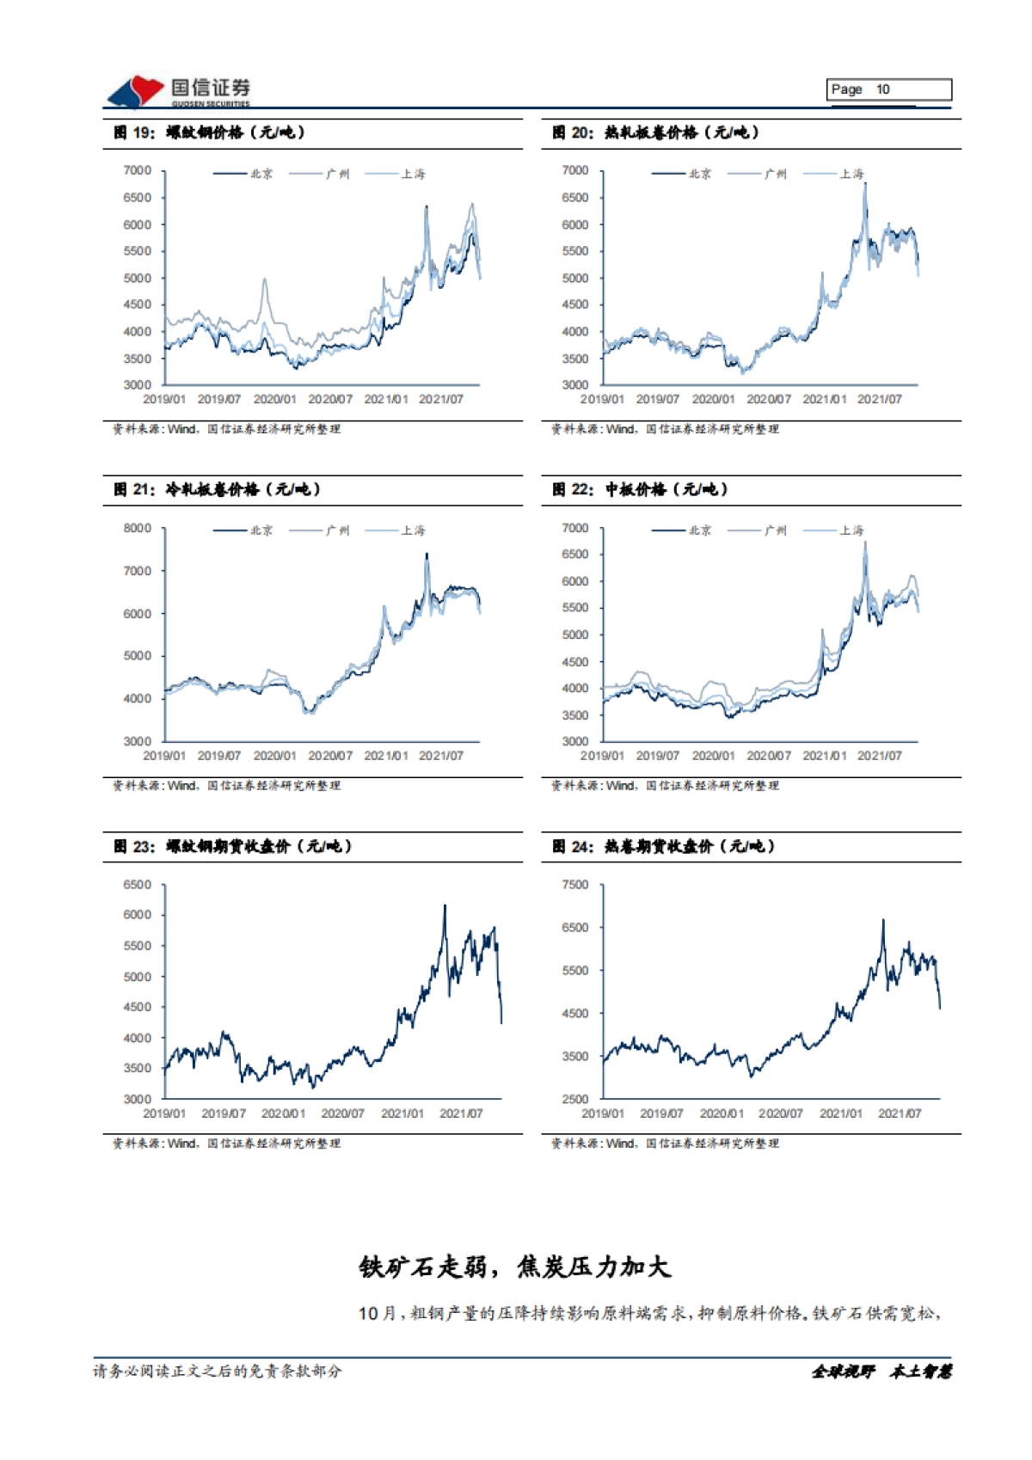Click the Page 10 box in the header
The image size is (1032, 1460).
click(x=889, y=89)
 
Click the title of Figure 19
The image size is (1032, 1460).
click(x=209, y=132)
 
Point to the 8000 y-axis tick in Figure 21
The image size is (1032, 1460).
click(x=137, y=528)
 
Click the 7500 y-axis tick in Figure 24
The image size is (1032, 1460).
click(x=574, y=885)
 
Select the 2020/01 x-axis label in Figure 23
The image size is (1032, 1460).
click(x=283, y=1113)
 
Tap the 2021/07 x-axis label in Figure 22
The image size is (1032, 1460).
click(x=879, y=756)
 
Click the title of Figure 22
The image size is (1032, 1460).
click(x=640, y=489)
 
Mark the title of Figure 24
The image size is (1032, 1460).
click(x=663, y=846)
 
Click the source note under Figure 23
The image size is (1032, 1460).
click(x=226, y=1144)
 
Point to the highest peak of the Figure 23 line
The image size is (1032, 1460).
click(x=445, y=905)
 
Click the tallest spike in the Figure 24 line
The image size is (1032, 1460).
click(x=882, y=920)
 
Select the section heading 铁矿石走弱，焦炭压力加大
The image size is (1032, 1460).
click(x=514, y=1267)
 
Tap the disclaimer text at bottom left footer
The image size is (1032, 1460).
click(x=217, y=1371)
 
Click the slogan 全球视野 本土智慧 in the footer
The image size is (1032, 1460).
click(x=881, y=1371)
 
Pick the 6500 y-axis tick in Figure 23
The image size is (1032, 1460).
click(x=137, y=885)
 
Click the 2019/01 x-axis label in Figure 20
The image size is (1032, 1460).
click(x=602, y=399)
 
